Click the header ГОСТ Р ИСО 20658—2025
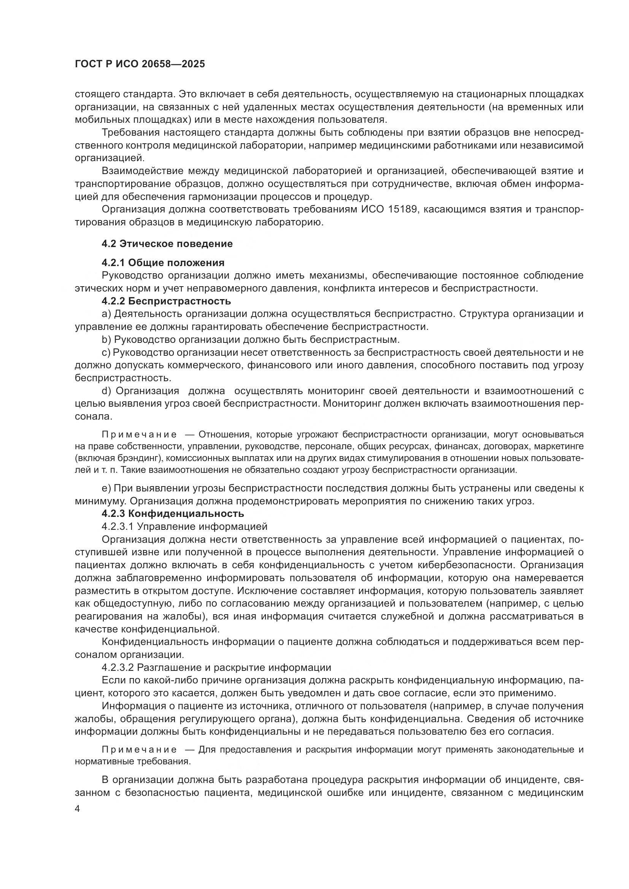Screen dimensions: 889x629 140,64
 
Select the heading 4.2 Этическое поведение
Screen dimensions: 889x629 167,244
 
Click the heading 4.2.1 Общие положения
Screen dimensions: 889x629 163,263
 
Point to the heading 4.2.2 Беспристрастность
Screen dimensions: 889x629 166,301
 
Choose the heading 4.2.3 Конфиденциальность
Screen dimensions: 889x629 173,513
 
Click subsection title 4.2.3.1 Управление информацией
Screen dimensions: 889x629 185,526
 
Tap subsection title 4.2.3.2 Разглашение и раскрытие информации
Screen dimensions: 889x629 216,667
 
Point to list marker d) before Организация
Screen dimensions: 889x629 106,391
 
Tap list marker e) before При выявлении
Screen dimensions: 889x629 106,488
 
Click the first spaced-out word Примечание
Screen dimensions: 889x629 140,434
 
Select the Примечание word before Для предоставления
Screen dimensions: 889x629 140,750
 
